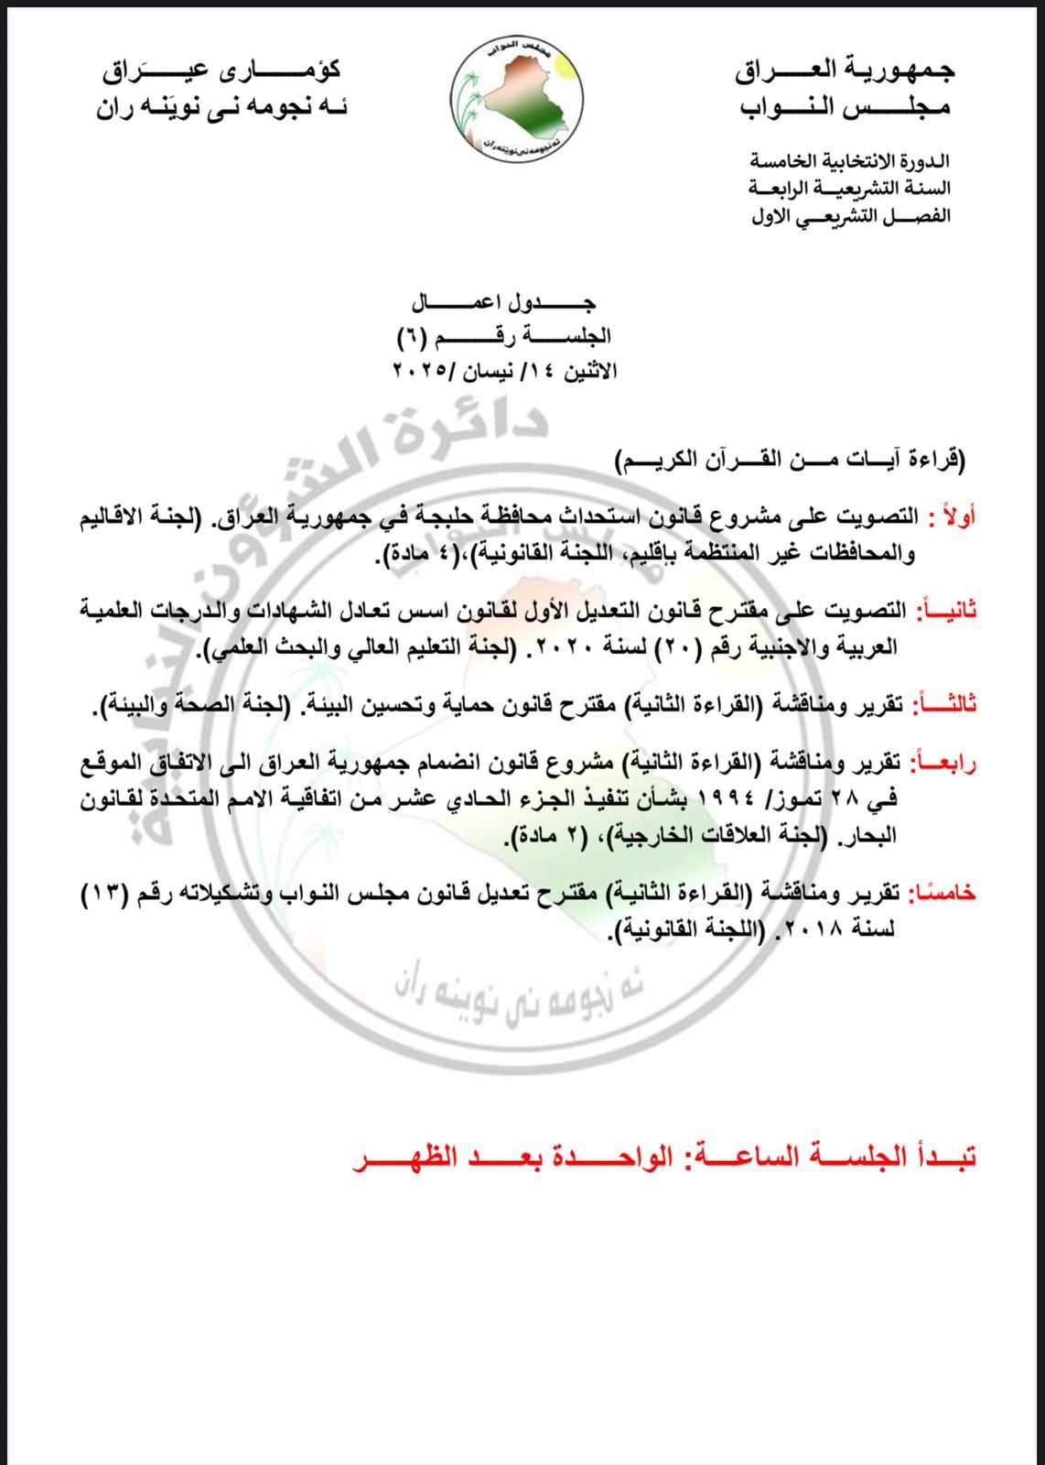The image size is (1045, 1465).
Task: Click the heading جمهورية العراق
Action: [845, 70]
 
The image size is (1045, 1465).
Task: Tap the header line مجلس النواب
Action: [846, 107]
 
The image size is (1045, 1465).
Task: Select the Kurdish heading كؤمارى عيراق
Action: [223, 70]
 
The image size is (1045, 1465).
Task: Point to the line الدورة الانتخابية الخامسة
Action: [850, 161]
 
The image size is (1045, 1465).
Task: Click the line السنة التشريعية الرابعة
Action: [849, 189]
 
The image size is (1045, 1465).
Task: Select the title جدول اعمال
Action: [504, 302]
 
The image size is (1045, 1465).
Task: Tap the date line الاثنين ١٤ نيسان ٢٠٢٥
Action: [505, 371]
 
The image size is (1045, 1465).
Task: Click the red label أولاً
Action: [952, 517]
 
